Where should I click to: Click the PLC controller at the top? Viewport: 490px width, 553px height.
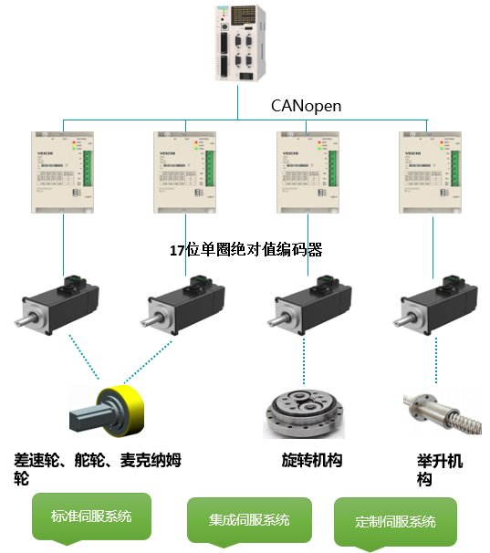point(238,44)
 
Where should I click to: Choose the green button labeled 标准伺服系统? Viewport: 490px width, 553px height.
point(91,516)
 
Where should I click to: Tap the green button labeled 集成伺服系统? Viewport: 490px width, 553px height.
point(249,520)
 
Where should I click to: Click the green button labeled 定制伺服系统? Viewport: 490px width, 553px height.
point(395,522)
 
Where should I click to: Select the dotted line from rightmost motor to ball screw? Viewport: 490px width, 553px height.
point(435,360)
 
